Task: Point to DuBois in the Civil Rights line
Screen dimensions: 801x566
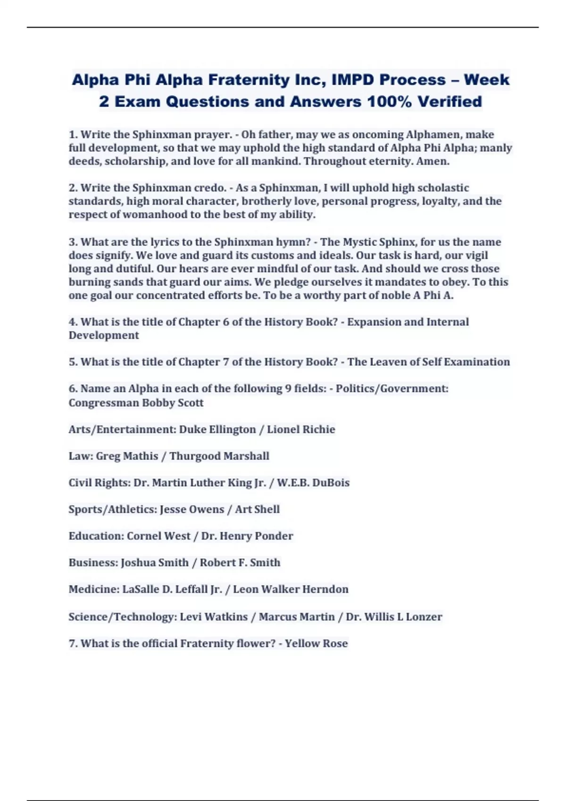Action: point(331,482)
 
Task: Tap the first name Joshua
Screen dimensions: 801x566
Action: point(137,563)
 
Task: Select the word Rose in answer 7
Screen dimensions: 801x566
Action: point(335,644)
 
